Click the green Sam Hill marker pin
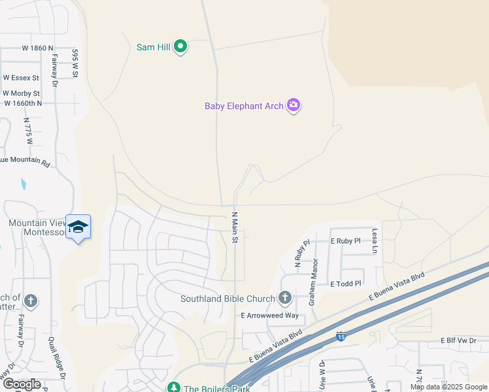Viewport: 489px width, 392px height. coord(181,46)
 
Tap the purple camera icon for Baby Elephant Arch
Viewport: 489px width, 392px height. coord(294,105)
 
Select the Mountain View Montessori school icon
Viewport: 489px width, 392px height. coord(78,227)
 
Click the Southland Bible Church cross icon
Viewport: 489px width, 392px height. coord(284,299)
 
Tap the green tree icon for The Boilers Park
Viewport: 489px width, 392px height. coord(173,388)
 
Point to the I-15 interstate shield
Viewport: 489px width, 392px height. coord(341,336)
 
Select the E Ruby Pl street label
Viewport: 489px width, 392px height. coord(345,241)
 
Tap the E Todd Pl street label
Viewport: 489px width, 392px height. coord(346,284)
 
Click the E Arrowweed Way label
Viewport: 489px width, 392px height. coord(269,316)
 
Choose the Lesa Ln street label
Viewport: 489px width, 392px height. coord(375,240)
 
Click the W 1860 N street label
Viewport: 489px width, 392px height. coord(37,48)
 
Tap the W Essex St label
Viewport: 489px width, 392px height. coord(21,77)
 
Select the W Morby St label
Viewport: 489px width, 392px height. coord(22,93)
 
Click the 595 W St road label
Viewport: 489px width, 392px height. coord(75,63)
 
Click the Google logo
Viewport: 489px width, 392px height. coord(22,384)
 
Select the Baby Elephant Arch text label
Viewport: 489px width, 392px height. coord(244,106)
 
